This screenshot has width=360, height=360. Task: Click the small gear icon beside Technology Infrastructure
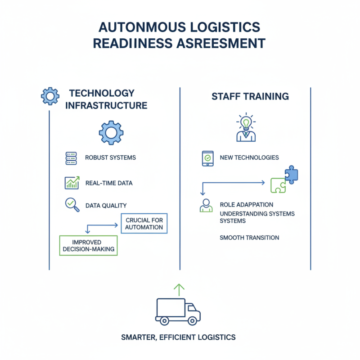[x=50, y=96]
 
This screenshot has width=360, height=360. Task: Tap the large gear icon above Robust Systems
[x=111, y=132]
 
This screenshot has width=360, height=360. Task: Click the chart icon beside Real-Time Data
[x=72, y=183]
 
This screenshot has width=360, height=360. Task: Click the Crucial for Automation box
[x=144, y=223]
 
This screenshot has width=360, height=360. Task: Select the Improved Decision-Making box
[x=88, y=245]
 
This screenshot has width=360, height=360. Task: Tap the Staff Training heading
[x=250, y=97]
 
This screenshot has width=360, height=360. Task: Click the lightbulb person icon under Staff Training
[x=245, y=129]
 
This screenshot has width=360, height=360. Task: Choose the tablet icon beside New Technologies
[x=207, y=158]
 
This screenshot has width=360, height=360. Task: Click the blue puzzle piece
[x=291, y=174]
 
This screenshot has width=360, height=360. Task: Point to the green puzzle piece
[x=278, y=185]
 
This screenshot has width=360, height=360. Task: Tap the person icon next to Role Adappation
[x=206, y=205]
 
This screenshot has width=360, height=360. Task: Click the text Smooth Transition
[x=249, y=238]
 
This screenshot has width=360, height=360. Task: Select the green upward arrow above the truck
[x=179, y=289]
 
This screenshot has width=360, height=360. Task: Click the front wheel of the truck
[x=193, y=320]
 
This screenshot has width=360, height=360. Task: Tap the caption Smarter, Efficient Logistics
[x=179, y=337]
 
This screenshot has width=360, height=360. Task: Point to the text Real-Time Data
[x=109, y=183]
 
